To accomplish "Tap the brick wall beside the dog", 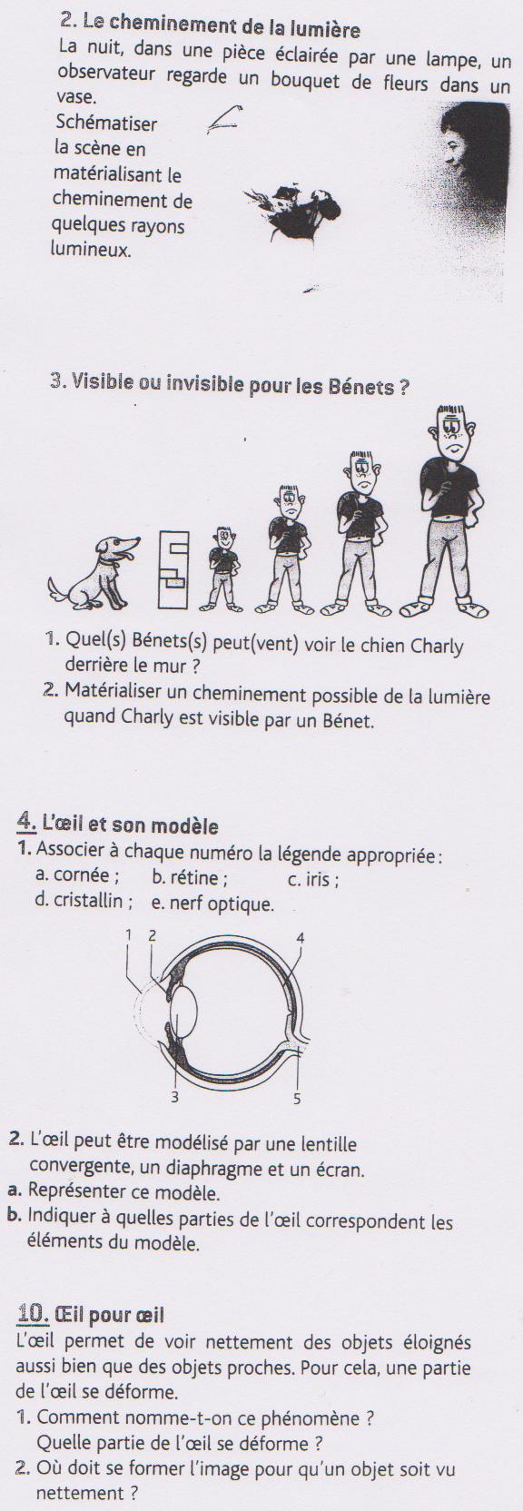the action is point(173,570).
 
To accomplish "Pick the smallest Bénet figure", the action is point(222,569).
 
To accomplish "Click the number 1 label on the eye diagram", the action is point(128,934).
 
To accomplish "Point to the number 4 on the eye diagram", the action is point(300,938).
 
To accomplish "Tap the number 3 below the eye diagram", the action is point(174,1097).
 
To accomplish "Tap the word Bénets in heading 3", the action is point(361,387).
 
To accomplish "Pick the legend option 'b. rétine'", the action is point(190,877).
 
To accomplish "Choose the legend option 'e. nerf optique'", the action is point(212,903).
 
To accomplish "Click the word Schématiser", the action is point(106,123).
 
